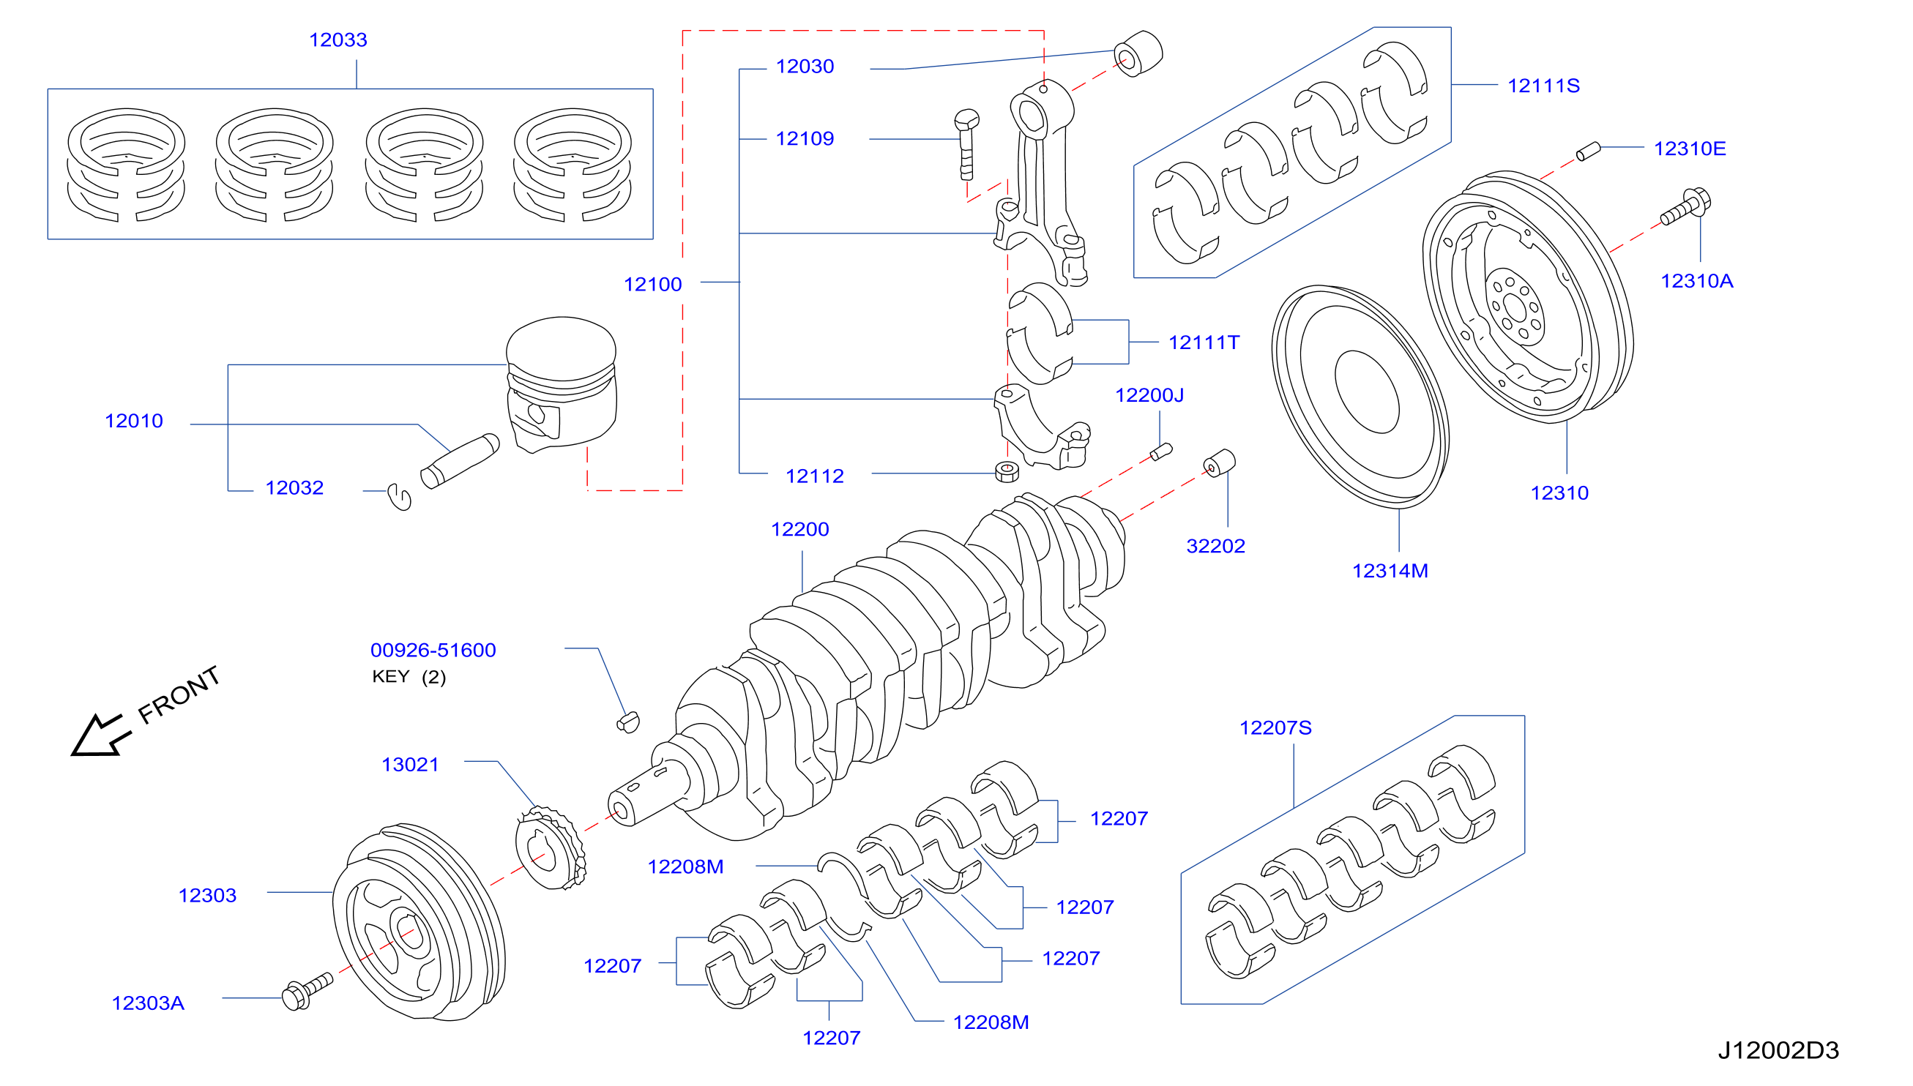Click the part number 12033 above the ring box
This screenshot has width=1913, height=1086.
(x=338, y=40)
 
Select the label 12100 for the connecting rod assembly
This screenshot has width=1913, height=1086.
(x=653, y=284)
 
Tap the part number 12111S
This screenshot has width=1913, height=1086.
(x=1544, y=86)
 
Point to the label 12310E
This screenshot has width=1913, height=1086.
(x=1690, y=149)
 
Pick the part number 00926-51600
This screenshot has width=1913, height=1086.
(x=433, y=650)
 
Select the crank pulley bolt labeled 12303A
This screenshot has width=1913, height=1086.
(x=307, y=992)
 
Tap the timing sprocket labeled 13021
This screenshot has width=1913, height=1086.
(x=551, y=847)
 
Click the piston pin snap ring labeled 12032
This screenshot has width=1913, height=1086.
(x=400, y=496)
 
